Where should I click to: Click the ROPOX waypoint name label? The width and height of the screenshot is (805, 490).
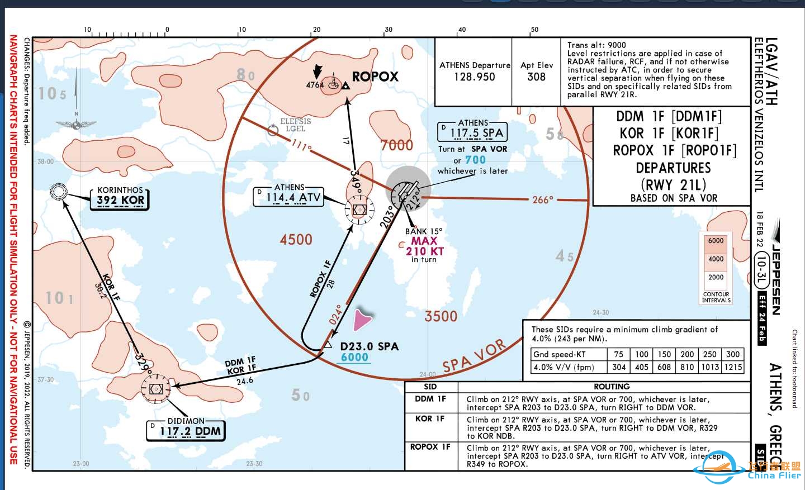tap(375, 77)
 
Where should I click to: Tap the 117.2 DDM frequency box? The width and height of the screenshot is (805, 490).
tap(190, 431)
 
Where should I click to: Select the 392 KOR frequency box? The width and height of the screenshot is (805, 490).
tap(120, 200)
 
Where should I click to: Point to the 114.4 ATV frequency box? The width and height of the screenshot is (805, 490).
tap(293, 197)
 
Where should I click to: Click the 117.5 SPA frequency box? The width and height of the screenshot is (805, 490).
tap(476, 133)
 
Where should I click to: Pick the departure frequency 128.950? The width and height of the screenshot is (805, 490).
tap(474, 77)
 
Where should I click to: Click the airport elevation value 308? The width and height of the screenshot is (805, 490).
tap(536, 77)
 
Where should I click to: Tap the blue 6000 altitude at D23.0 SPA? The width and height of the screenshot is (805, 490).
tap(354, 358)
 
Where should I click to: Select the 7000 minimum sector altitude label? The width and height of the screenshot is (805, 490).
tap(396, 145)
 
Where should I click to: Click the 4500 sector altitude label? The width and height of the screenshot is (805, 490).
tap(296, 240)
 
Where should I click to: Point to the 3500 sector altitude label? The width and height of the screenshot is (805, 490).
tap(441, 316)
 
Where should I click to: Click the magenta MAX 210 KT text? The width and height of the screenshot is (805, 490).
tap(424, 246)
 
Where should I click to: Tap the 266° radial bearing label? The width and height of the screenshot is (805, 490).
tap(542, 199)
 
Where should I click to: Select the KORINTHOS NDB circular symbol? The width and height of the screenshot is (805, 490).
tap(58, 192)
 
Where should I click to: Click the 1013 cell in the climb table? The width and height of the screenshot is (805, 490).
tap(710, 367)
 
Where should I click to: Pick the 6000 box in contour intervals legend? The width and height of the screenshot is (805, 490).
tap(716, 241)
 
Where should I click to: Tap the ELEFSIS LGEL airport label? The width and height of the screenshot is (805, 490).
tap(295, 125)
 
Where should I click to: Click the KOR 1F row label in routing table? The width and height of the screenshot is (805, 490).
tap(430, 418)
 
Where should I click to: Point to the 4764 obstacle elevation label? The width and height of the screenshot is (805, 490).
tap(315, 85)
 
